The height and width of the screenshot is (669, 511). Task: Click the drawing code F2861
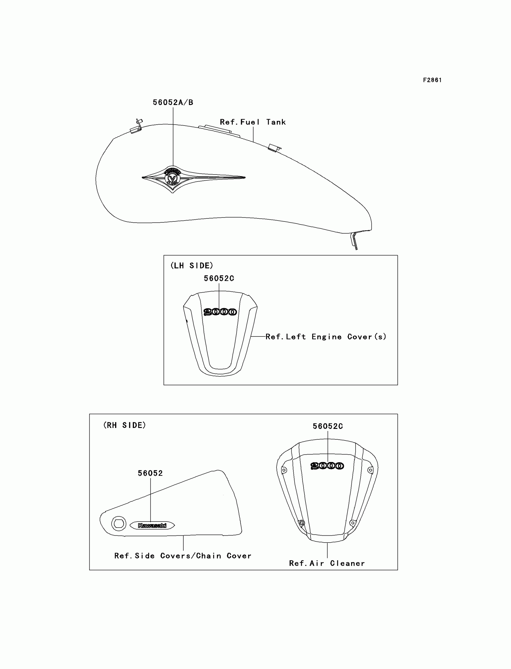click(x=432, y=80)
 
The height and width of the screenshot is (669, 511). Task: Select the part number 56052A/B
click(x=173, y=102)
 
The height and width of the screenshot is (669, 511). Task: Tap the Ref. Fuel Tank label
click(x=253, y=122)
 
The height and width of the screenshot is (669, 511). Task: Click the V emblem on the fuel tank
click(x=173, y=178)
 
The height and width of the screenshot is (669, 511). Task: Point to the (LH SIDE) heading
click(x=192, y=265)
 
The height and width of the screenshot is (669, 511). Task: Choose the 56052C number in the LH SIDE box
click(x=219, y=278)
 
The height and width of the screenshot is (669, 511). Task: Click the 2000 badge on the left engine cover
click(x=220, y=312)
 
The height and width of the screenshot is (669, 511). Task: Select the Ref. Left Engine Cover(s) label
click(x=326, y=336)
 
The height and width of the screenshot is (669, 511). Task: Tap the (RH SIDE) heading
click(x=124, y=425)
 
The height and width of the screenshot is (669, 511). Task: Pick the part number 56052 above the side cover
click(x=150, y=473)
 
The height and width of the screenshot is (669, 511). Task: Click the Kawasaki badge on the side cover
click(x=152, y=525)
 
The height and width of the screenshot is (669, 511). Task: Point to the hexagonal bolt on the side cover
click(x=119, y=524)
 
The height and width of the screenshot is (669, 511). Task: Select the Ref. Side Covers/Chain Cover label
click(x=183, y=556)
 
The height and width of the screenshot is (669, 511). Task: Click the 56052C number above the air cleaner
click(x=328, y=426)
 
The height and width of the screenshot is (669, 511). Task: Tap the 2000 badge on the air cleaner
click(x=327, y=466)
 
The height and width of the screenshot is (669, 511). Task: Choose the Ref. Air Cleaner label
click(x=327, y=563)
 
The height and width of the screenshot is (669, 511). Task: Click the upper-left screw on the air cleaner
click(x=284, y=470)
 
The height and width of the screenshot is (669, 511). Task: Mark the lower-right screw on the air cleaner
click(x=353, y=523)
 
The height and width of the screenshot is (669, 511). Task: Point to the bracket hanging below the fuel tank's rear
click(x=354, y=240)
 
